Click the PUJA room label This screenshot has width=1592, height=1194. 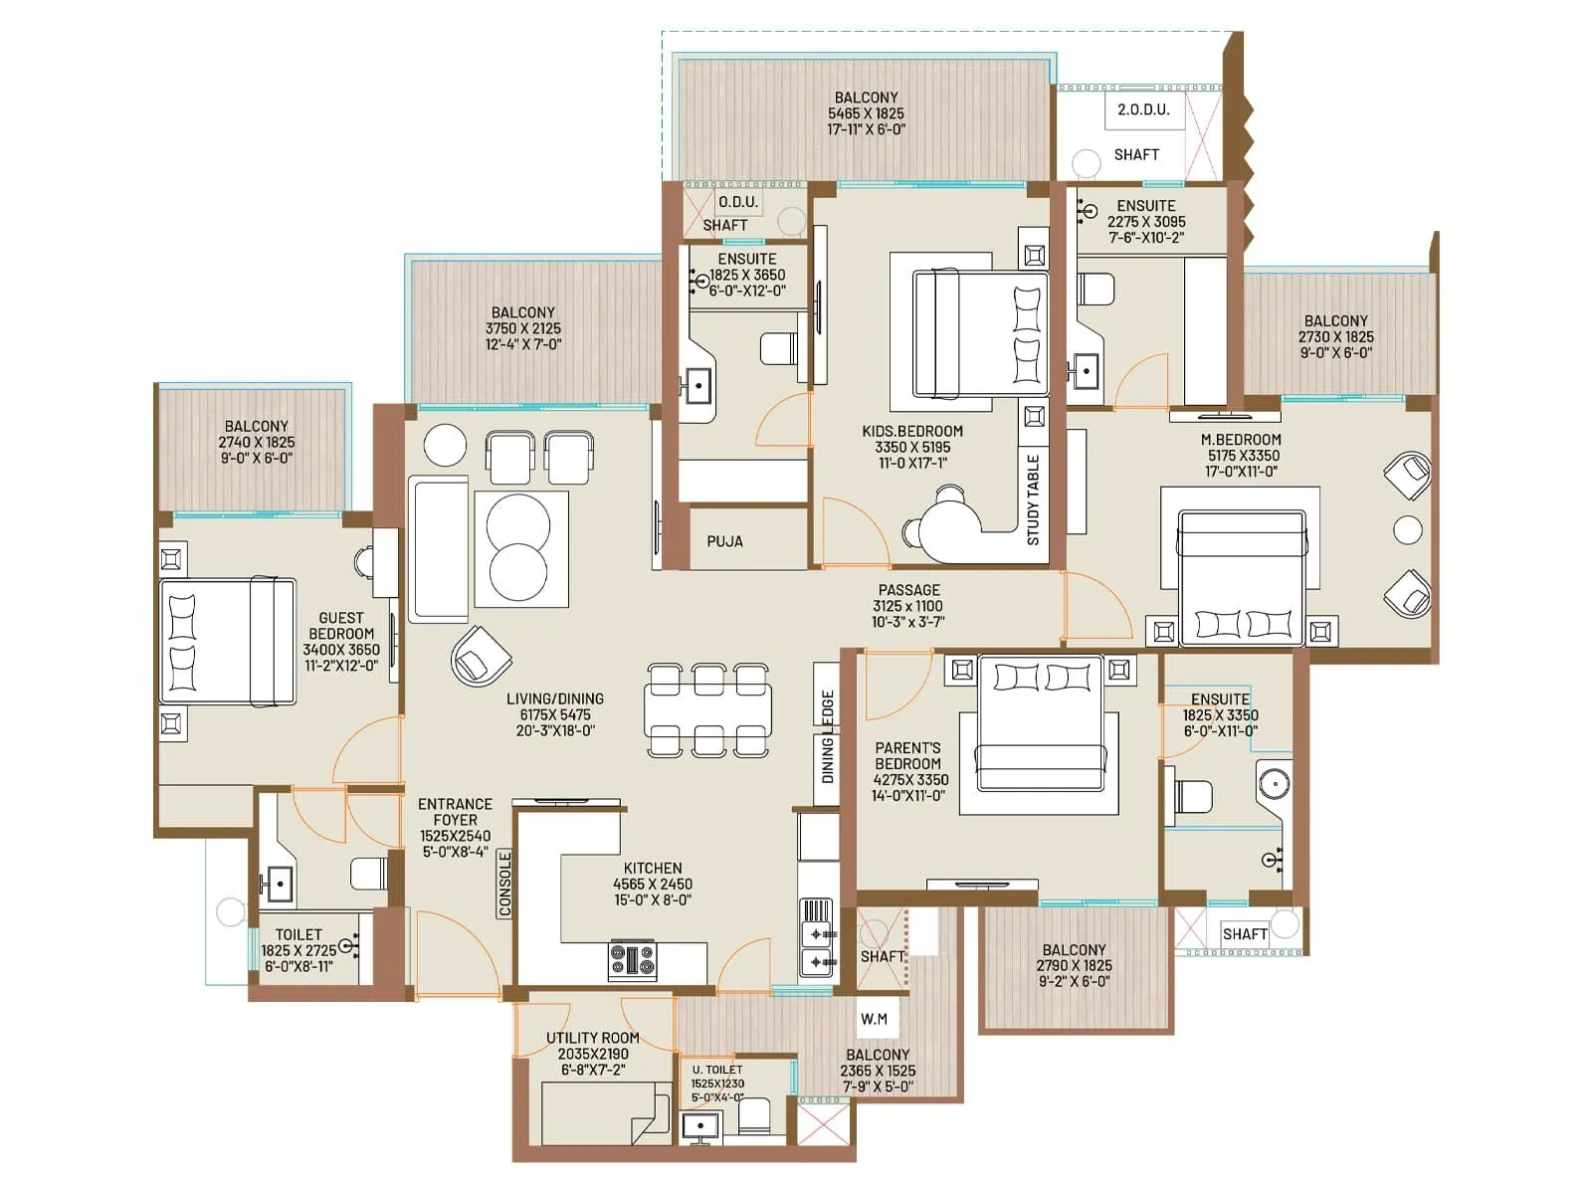[x=724, y=541]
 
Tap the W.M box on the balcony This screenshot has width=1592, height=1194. [x=874, y=1019]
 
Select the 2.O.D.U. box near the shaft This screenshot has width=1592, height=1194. [x=1143, y=109]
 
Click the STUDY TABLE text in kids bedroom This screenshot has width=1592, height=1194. [x=1033, y=499]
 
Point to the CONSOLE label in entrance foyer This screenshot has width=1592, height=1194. [x=504, y=884]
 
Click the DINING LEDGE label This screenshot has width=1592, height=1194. [x=827, y=736]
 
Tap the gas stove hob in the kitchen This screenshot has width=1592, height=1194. [x=632, y=960]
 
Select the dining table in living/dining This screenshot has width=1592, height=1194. [x=707, y=710]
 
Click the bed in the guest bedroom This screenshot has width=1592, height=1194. [x=229, y=642]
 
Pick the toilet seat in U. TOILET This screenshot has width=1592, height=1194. [x=754, y=1116]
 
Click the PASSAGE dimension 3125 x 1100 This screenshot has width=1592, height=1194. [x=907, y=606]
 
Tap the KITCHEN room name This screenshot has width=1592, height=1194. [x=653, y=868]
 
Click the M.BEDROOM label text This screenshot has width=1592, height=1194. [x=1241, y=439]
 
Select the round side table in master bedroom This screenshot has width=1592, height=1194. [x=1407, y=530]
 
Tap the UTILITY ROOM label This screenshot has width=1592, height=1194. [x=592, y=1037]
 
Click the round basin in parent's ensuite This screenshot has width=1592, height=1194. [x=1274, y=783]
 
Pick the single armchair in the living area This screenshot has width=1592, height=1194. [x=481, y=656]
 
